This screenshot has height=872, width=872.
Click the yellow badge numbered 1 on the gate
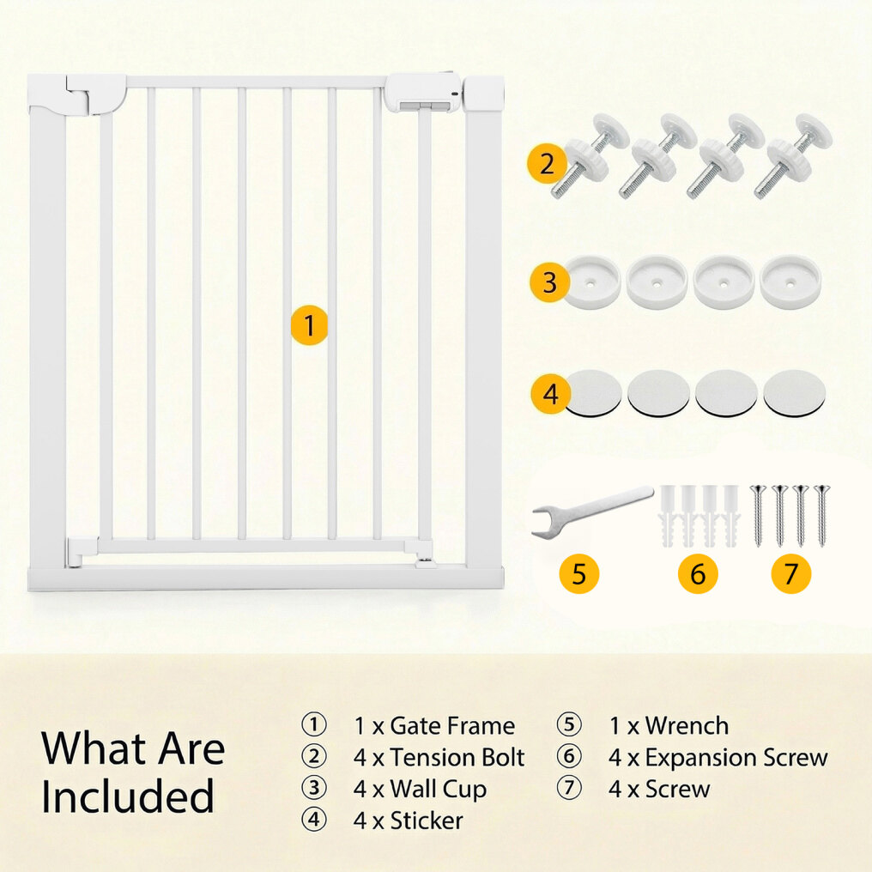pyautogui.click(x=310, y=325)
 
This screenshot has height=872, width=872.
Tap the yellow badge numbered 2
pyautogui.click(x=548, y=163)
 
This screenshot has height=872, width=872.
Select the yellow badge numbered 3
pyautogui.click(x=549, y=282)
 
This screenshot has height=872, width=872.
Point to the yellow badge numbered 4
pyautogui.click(x=550, y=394)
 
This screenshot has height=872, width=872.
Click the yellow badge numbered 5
pyautogui.click(x=579, y=573)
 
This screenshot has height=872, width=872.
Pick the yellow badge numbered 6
pyautogui.click(x=698, y=573)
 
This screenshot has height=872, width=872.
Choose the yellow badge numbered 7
pyautogui.click(x=790, y=573)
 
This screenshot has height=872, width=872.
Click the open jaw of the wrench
pyautogui.click(x=542, y=522)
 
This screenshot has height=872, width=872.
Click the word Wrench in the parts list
pyautogui.click(x=687, y=726)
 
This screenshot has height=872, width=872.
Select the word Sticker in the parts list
pyautogui.click(x=427, y=821)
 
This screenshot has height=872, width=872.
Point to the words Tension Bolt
pyautogui.click(x=457, y=758)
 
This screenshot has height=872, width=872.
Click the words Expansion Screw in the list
pyautogui.click(x=736, y=758)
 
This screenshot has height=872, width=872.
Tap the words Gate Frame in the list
pyautogui.click(x=452, y=726)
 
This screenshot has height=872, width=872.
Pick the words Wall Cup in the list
pyautogui.click(x=439, y=789)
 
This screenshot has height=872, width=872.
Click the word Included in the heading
pyautogui.click(x=127, y=796)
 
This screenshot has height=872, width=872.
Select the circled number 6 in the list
pyautogui.click(x=569, y=756)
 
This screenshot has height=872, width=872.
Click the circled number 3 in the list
pyautogui.click(x=314, y=788)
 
